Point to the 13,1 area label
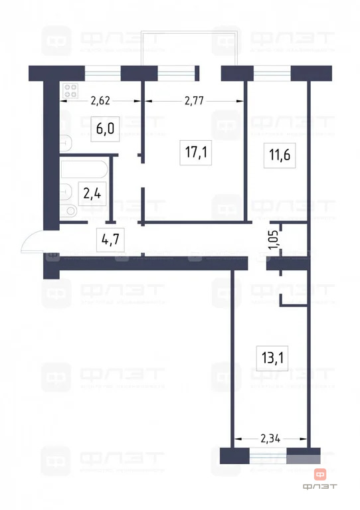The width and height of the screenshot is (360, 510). [x=272, y=359]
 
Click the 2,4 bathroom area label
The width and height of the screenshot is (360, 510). [x=91, y=194]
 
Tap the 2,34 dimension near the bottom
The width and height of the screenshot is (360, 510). [x=270, y=438]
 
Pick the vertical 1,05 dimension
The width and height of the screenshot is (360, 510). [x=272, y=239]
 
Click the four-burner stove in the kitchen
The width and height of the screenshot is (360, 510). [x=70, y=91]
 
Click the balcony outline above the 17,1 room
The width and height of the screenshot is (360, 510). [x=190, y=46]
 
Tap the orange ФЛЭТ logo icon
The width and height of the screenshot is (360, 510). [x=321, y=474]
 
